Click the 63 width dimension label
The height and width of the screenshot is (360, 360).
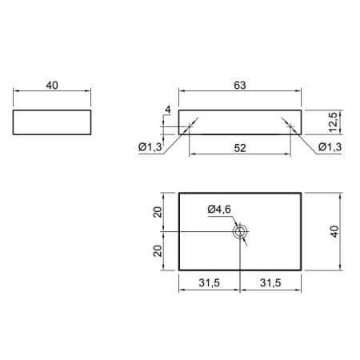pyautogui.click(x=240, y=86)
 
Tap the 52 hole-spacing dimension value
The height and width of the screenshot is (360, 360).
pyautogui.click(x=240, y=148)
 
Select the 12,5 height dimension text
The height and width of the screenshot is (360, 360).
pyautogui.click(x=333, y=122)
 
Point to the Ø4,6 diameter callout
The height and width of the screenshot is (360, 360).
pyautogui.click(x=219, y=210)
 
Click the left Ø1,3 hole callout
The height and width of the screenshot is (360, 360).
pyautogui.click(x=150, y=146)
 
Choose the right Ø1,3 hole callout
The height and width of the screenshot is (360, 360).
pyautogui.click(x=330, y=146)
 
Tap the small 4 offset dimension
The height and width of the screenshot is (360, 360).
pyautogui.click(x=168, y=110)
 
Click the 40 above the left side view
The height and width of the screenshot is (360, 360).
pyautogui.click(x=52, y=86)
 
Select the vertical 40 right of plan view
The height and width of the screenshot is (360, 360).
pyautogui.click(x=334, y=231)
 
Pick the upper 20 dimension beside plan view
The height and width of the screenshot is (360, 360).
pyautogui.click(x=158, y=212)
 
